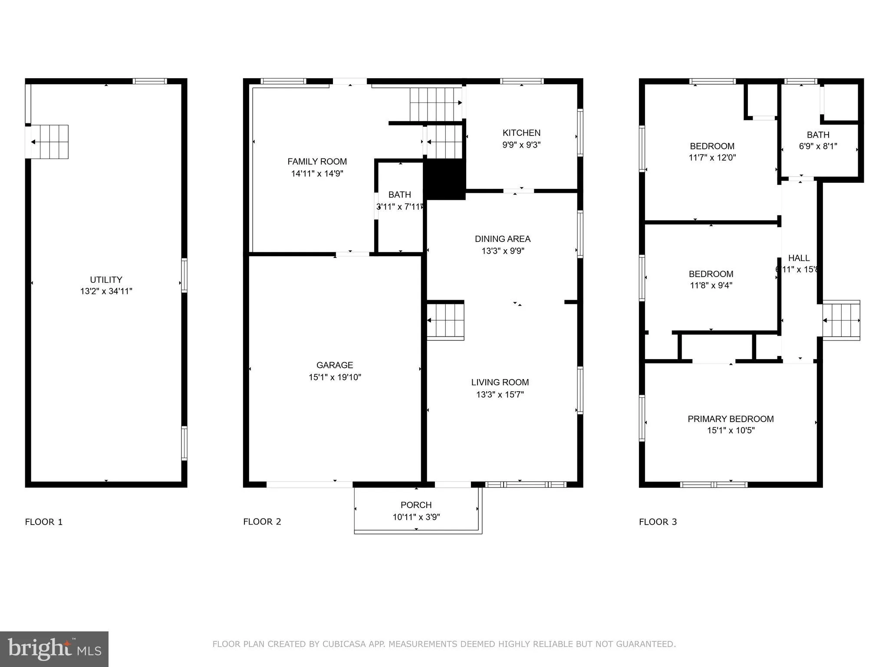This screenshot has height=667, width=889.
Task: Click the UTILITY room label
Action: click(x=106, y=280)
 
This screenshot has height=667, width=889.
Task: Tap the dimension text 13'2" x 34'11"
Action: click(x=106, y=291)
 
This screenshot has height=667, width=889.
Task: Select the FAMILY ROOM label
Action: click(x=317, y=162)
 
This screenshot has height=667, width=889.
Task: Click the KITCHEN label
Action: click(x=521, y=133)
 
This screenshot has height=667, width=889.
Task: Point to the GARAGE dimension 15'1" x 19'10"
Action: click(x=335, y=377)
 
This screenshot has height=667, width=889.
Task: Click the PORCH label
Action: click(x=416, y=505)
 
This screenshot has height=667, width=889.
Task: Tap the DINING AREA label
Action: click(x=502, y=239)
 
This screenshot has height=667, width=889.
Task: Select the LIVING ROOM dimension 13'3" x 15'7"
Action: click(x=500, y=394)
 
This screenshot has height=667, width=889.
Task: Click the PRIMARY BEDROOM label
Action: click(x=731, y=419)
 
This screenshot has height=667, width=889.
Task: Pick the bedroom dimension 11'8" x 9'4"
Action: click(x=711, y=285)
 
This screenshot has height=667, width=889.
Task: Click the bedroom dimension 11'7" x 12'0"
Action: click(x=712, y=158)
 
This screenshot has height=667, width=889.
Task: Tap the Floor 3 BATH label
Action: click(x=818, y=135)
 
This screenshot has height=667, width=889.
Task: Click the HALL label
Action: click(x=799, y=258)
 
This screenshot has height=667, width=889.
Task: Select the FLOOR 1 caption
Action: click(x=44, y=522)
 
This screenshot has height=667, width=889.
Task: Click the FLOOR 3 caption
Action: click(x=658, y=522)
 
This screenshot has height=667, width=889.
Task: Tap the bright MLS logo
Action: click(x=54, y=649)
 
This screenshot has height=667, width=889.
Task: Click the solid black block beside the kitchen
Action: click(x=444, y=179)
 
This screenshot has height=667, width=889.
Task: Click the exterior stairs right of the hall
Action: click(x=841, y=320)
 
